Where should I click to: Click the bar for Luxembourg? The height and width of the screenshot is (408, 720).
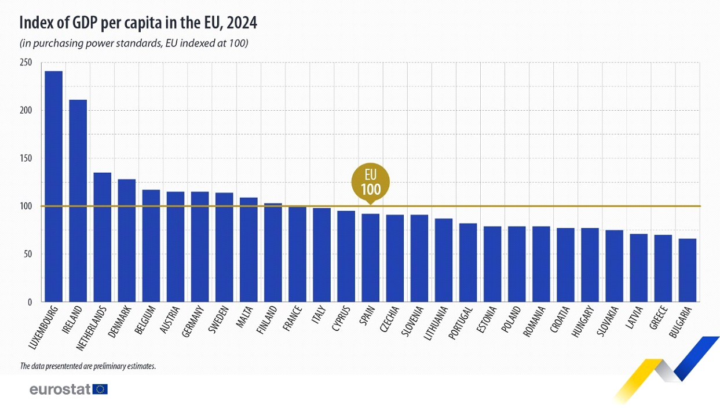53,186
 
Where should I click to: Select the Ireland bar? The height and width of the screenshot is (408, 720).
78,201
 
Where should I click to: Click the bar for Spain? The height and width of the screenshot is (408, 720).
370,258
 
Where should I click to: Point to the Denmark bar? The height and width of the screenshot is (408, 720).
127,241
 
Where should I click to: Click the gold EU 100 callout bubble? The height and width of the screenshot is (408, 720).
371,183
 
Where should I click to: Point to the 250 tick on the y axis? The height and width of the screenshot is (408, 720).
25,63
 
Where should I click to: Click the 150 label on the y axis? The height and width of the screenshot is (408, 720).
25,158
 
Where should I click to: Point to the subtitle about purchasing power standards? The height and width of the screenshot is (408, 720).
134,43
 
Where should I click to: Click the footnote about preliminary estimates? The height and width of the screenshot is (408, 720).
88,366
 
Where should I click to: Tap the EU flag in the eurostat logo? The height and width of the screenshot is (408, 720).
100,389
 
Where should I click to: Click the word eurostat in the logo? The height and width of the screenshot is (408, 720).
60,389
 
